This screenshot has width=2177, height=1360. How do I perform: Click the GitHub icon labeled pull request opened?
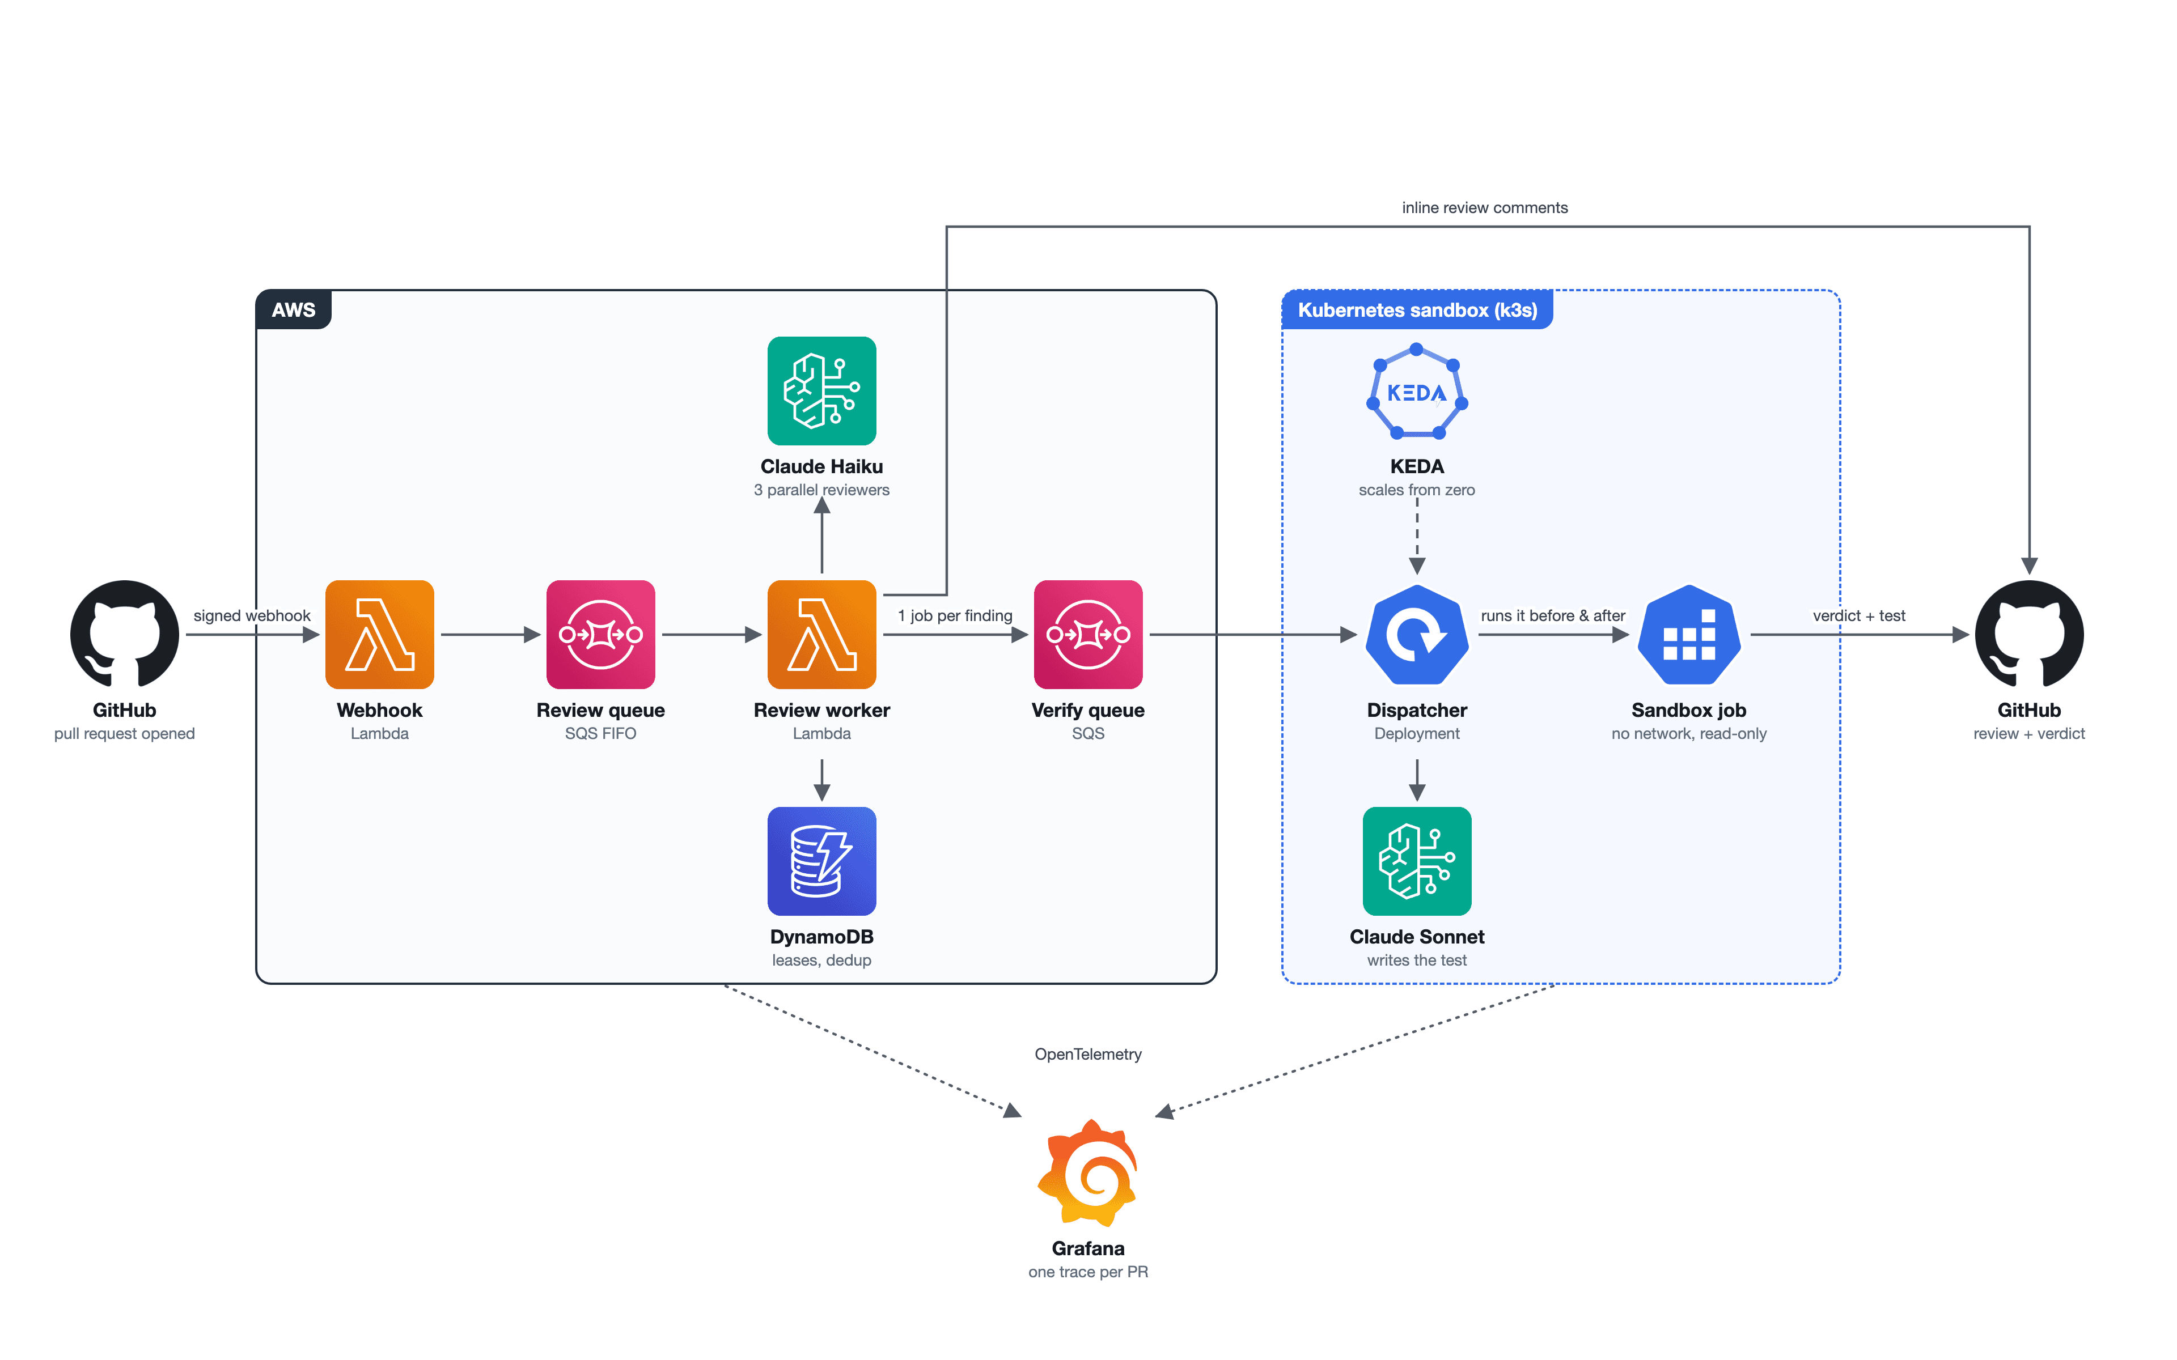pos(124,634)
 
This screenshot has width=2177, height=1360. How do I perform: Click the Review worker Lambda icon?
pos(821,634)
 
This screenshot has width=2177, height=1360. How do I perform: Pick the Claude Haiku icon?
pos(821,390)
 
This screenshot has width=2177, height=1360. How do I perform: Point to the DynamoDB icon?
pos(821,861)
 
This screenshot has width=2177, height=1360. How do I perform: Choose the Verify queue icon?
pos(1087,634)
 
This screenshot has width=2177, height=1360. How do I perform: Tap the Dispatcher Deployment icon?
pos(1417,634)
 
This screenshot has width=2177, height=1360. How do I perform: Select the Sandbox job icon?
pos(1688,634)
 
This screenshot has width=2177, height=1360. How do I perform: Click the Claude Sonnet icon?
pos(1417,861)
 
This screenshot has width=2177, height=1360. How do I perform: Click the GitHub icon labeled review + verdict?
pos(2028,634)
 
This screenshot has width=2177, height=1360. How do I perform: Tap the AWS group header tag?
pos(293,309)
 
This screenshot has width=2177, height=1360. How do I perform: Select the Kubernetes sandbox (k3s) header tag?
pos(1417,309)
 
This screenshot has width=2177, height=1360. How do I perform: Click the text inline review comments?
pos(1484,208)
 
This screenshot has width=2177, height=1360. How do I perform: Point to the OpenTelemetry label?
pos(1087,1054)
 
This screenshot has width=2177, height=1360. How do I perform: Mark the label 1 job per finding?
pos(955,615)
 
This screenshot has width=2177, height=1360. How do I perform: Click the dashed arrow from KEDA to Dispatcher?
pos(1417,536)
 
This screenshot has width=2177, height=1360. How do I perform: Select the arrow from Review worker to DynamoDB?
pos(821,780)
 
